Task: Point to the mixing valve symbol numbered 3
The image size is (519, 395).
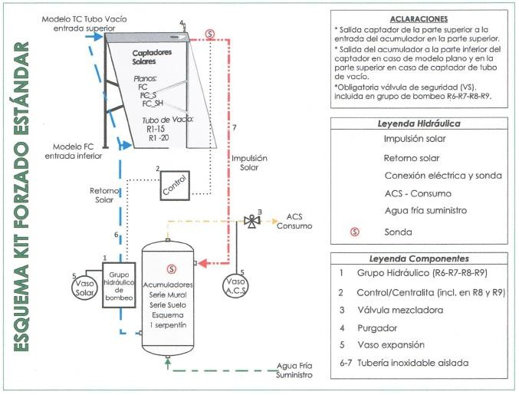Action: pos(252,221)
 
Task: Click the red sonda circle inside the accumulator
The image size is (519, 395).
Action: pos(172,269)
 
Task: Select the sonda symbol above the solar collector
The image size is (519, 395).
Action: pos(210,34)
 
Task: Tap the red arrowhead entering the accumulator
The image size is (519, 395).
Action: pos(202,263)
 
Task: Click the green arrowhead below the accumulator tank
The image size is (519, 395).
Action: pos(168,364)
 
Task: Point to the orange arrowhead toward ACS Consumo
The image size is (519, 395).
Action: pos(274,221)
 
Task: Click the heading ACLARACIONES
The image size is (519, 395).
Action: pos(419,19)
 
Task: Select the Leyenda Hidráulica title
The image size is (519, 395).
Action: pos(419,123)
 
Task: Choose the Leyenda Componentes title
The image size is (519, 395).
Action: pos(419,258)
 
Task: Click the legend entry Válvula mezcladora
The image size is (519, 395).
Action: pos(400,310)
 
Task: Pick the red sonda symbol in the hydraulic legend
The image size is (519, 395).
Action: pos(355,232)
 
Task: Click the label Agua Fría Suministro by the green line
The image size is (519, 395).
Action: pos(294,370)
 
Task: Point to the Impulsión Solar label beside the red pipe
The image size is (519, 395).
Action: pos(249,163)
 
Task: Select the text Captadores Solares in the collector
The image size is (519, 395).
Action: pos(152,57)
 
